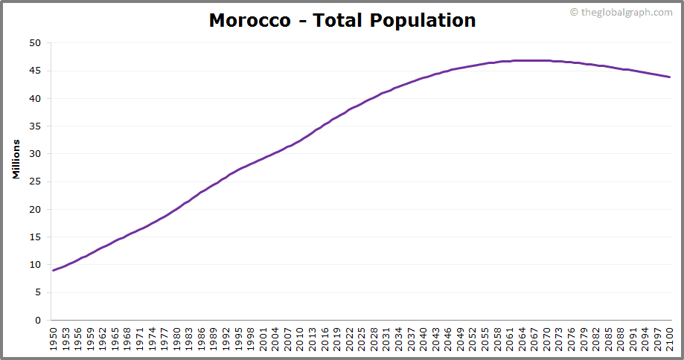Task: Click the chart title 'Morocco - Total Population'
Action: (x=342, y=20)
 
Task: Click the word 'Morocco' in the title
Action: (x=250, y=20)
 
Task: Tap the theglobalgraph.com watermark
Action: (x=621, y=12)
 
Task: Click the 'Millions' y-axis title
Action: (x=16, y=158)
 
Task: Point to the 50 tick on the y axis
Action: (x=35, y=43)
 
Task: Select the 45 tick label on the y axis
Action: (x=35, y=71)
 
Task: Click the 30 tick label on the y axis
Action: (x=35, y=154)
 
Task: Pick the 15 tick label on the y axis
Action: (x=35, y=237)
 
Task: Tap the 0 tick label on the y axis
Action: (x=38, y=321)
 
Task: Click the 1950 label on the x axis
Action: (x=54, y=339)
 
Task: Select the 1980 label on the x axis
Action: (x=177, y=339)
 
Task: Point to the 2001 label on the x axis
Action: (x=263, y=339)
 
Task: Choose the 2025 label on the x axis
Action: (x=362, y=339)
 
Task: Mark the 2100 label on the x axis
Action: (x=670, y=339)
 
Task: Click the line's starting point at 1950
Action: (x=54, y=270)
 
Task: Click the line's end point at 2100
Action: (x=670, y=77)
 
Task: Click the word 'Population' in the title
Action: (x=422, y=20)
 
